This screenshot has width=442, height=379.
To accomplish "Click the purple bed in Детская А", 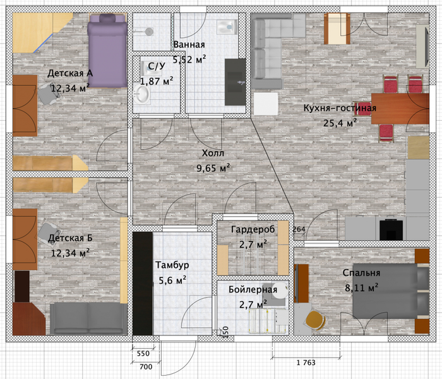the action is [107, 51].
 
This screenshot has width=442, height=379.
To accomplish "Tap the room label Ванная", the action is [189, 45].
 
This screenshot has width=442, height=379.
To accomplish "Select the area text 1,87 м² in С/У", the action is [157, 81].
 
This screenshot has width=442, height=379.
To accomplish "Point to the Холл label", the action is [213, 153].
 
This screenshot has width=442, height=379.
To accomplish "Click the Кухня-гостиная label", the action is [340, 108].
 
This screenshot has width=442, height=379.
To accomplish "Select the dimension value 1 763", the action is [306, 363].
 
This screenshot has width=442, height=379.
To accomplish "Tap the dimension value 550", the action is [143, 353].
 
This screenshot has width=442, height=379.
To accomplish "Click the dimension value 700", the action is [146, 366].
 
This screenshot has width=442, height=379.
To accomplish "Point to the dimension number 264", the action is [299, 229].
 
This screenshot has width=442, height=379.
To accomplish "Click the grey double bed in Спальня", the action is [391, 291].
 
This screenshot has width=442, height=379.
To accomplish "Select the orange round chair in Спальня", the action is [316, 320].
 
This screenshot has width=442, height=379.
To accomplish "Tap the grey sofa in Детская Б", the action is [89, 318].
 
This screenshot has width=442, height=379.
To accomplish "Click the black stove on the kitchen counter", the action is [391, 229].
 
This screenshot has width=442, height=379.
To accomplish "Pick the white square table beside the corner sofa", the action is [266, 104].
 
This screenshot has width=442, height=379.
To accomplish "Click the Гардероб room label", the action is [253, 229].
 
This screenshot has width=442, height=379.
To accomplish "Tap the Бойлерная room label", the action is [253, 289].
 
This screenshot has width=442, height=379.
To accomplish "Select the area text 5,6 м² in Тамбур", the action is [172, 280].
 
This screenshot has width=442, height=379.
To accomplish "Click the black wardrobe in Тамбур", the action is [143, 284].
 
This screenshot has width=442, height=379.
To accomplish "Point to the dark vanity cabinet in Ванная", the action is [235, 82].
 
